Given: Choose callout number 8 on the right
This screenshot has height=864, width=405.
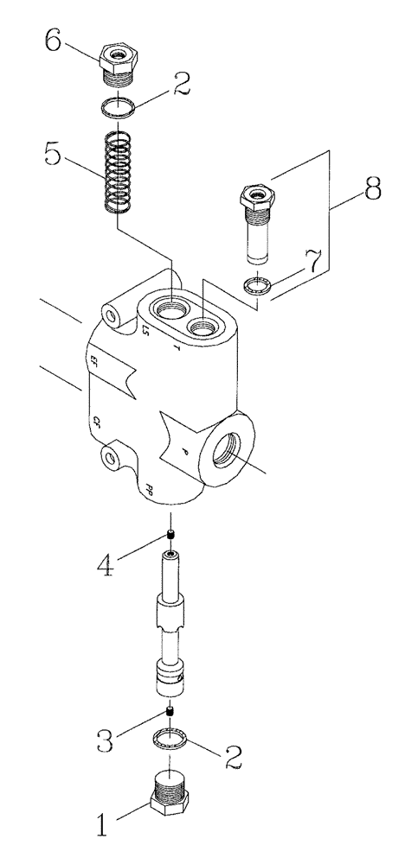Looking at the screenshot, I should (x=372, y=189).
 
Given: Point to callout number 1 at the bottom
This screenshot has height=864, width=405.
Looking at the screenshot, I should (x=102, y=825).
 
